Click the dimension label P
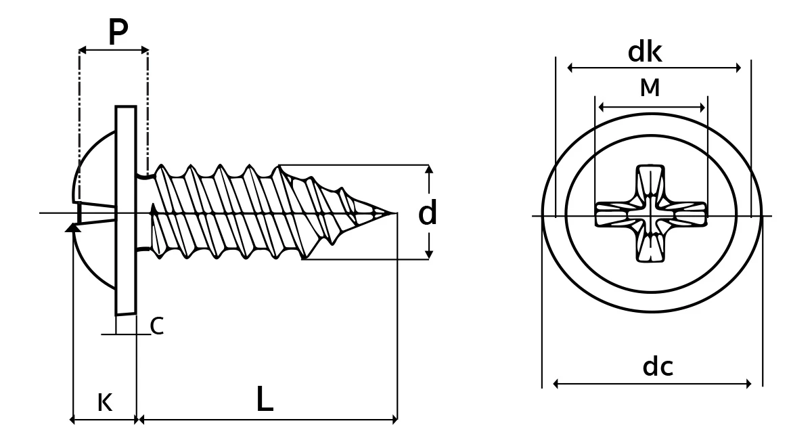[118, 32]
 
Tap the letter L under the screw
[265, 399]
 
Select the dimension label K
[105, 402]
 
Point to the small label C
[156, 326]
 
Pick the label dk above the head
[645, 52]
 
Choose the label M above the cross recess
[650, 87]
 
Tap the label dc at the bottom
[658, 366]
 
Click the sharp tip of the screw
[396, 213]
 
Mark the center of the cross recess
[651, 215]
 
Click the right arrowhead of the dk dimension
[738, 68]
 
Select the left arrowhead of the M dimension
[601, 108]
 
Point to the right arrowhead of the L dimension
[394, 420]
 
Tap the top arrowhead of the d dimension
[429, 169]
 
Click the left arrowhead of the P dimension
[83, 49]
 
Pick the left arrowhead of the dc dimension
[556, 384]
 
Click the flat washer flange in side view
[126, 211]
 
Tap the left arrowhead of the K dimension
[72, 420]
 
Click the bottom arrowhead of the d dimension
[429, 255]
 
